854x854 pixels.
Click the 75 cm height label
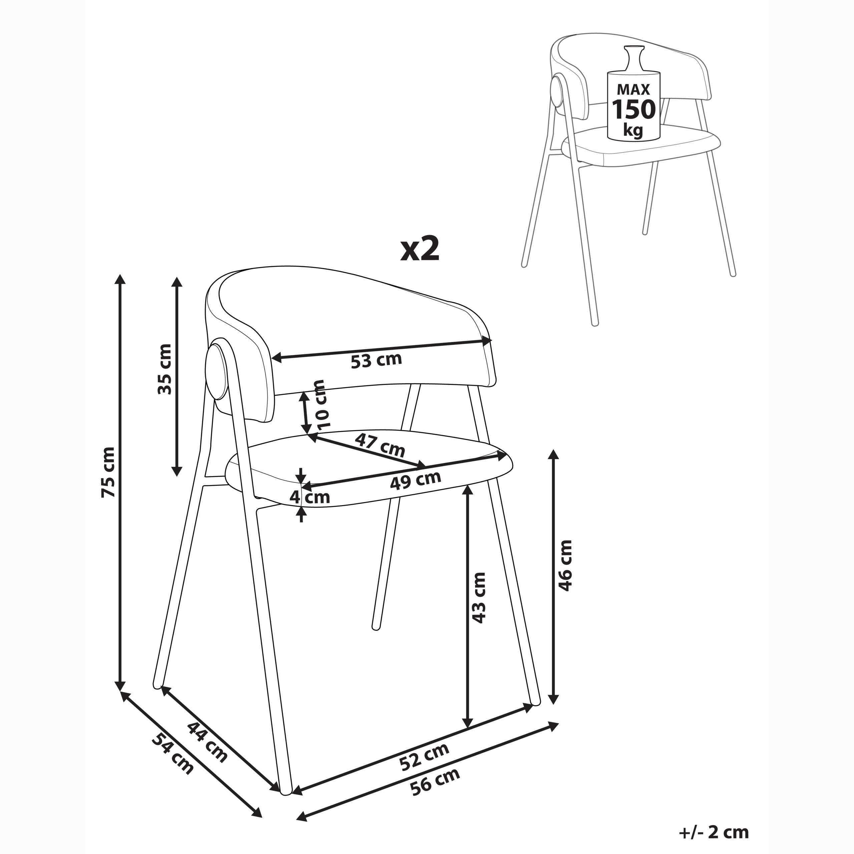(108, 472)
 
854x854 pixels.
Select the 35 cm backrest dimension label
(165, 369)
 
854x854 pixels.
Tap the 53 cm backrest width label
(376, 360)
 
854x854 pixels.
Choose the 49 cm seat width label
(416, 480)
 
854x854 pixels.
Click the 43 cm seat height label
(479, 597)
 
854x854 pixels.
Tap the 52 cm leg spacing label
(424, 756)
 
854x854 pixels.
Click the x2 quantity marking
(420, 250)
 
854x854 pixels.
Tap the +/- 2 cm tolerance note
(714, 832)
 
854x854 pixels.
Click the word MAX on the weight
(633, 90)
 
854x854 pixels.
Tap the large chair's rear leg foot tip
(377, 626)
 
